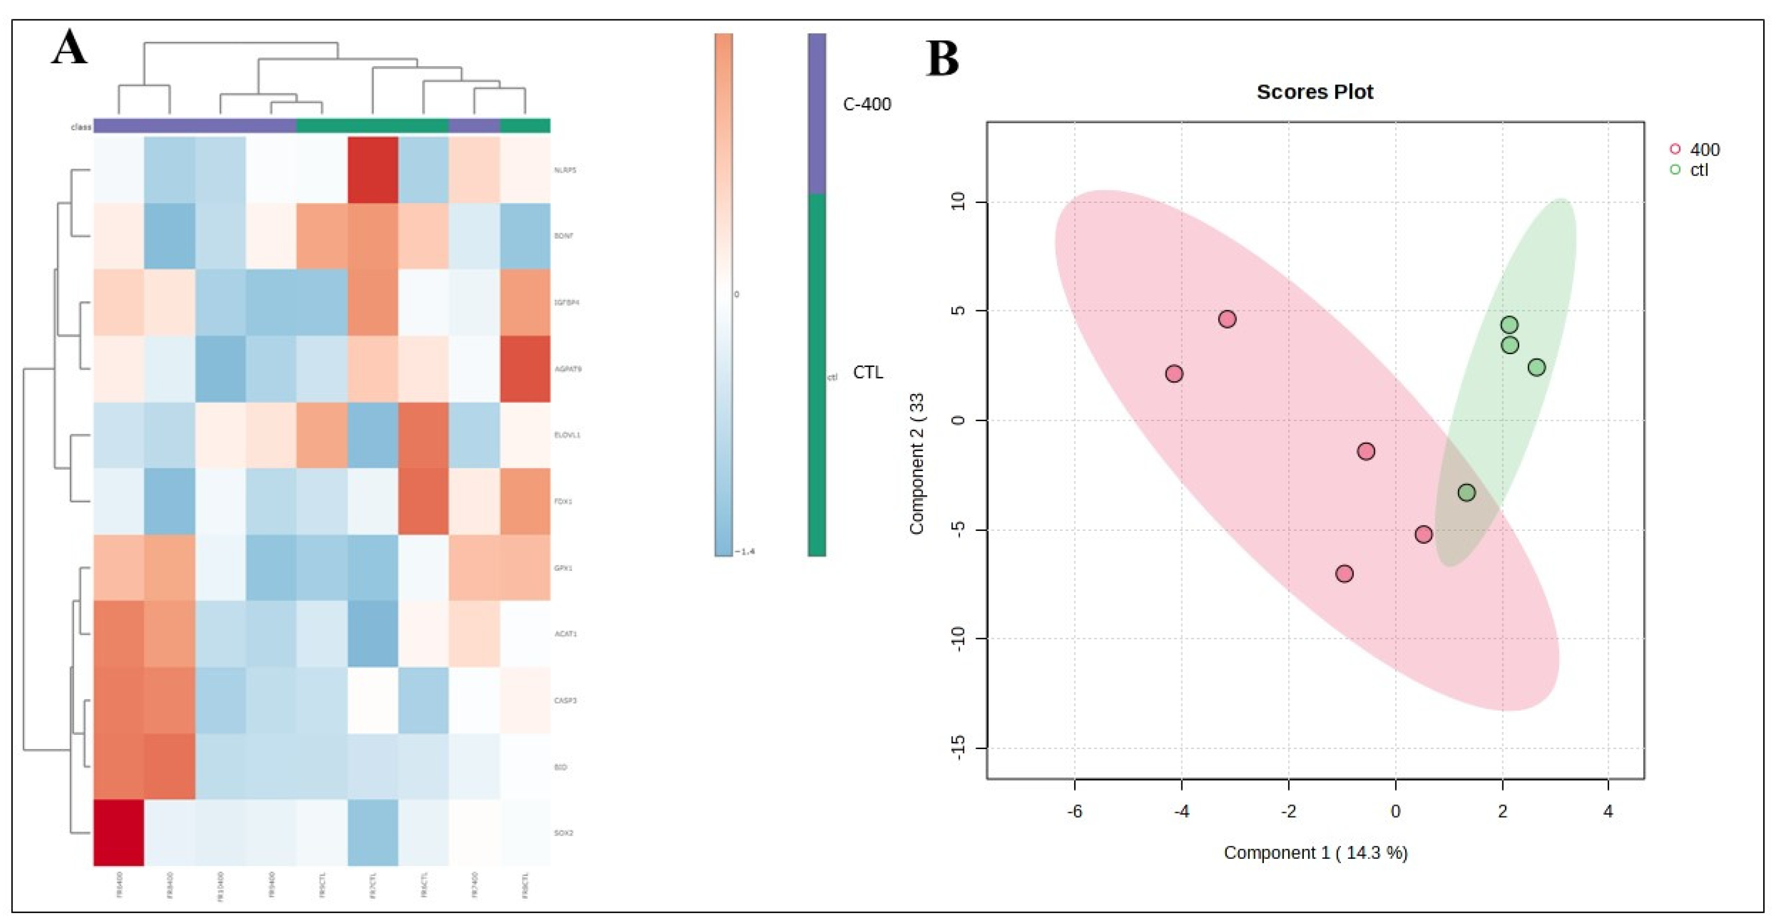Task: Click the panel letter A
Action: coord(69,48)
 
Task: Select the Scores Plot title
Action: coord(1314,92)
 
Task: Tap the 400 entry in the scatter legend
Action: coord(1704,150)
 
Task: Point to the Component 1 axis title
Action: coord(1315,853)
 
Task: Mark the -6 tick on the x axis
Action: coord(1074,811)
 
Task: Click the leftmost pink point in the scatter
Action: coord(1174,374)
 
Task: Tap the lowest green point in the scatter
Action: coord(1466,492)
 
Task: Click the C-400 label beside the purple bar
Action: coord(867,104)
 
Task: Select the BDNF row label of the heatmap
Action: coord(564,236)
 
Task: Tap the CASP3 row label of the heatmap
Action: coord(565,700)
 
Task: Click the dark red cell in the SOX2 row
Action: coord(119,832)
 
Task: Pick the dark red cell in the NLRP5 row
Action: coord(373,169)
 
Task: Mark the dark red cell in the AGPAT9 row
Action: coord(525,368)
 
